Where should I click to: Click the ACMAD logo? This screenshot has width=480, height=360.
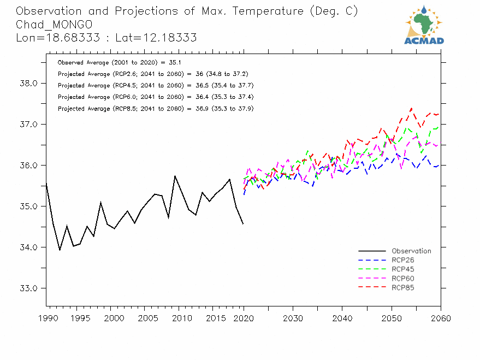pyautogui.click(x=424, y=25)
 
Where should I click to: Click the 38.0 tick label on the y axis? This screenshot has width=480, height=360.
pyautogui.click(x=28, y=84)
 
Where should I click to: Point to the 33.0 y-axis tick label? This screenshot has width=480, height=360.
pyautogui.click(x=28, y=288)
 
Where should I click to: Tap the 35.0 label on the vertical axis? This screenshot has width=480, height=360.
pyautogui.click(x=28, y=206)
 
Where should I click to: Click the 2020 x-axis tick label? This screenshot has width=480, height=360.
pyautogui.click(x=244, y=318)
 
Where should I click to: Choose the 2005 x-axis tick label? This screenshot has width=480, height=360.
pyautogui.click(x=145, y=318)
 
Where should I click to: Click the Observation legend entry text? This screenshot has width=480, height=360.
pyautogui.click(x=411, y=251)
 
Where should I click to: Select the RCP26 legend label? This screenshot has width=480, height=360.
pyautogui.click(x=403, y=260)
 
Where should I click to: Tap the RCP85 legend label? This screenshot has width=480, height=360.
pyautogui.click(x=403, y=287)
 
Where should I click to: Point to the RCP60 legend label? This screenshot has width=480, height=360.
pyautogui.click(x=403, y=279)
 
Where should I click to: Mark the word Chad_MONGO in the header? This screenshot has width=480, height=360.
pyautogui.click(x=54, y=25)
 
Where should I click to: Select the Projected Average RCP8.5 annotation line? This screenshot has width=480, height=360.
pyautogui.click(x=155, y=109)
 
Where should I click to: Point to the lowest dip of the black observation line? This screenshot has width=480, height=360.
pyautogui.click(x=60, y=250)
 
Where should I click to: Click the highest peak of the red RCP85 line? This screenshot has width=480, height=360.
pyautogui.click(x=411, y=108)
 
